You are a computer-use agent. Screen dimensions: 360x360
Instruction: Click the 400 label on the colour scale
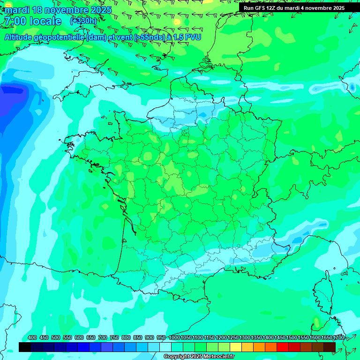pos(32,338)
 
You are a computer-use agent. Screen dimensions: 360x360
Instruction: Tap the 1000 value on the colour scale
pos(174,338)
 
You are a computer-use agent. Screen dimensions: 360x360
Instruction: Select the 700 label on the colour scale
pos(103,338)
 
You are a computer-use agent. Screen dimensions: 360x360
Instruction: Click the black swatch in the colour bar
pos(25,347)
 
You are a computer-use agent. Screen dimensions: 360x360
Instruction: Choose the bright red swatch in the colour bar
pos(283,347)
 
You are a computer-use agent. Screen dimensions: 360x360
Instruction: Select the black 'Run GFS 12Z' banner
pos(293,8)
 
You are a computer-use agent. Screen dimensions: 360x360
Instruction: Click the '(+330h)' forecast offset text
pos(83,21)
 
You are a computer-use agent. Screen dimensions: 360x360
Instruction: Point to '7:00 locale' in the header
pos(33,21)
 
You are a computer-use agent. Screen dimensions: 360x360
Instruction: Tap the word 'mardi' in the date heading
pos(17,10)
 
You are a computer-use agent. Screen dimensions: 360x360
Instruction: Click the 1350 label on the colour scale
pos(256,338)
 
